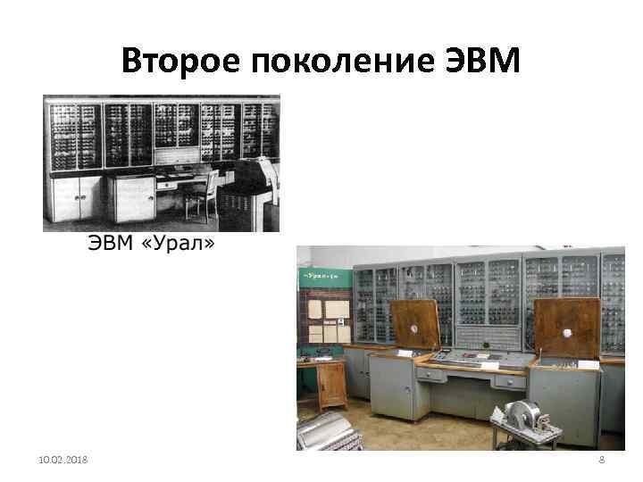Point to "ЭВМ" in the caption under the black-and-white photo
(110, 244)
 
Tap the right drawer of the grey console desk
(511, 379)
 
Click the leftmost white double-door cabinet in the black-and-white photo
(79, 198)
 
